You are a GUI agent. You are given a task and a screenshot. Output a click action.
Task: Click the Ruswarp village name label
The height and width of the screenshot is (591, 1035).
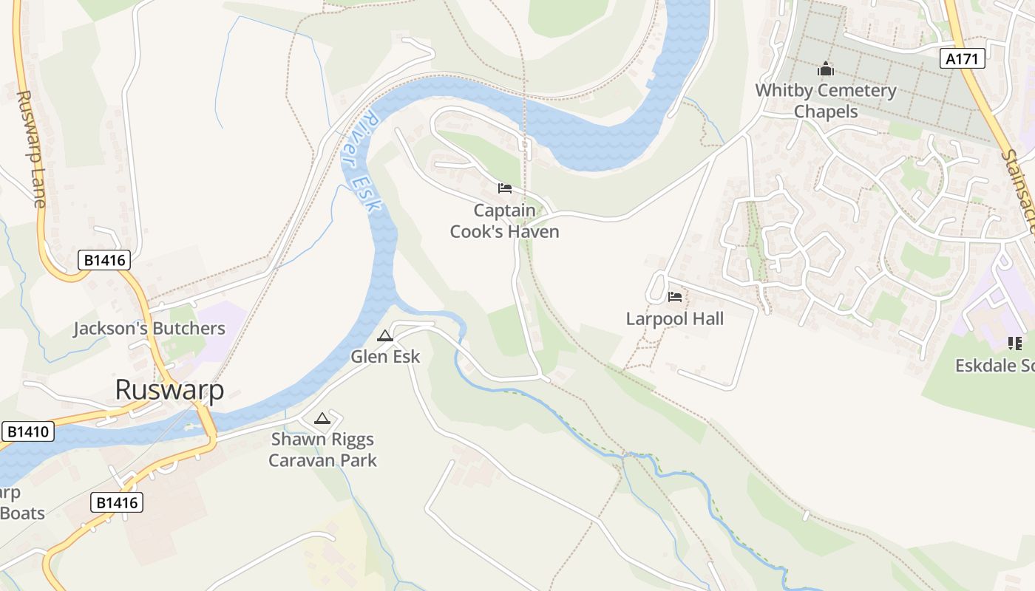tap(169, 391)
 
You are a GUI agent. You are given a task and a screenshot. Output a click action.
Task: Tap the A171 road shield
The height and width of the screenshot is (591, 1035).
tap(963, 59)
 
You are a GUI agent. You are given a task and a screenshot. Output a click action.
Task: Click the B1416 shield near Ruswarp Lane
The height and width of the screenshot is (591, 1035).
tap(104, 260)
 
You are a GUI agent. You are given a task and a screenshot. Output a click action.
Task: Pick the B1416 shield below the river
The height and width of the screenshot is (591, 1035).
tap(117, 503)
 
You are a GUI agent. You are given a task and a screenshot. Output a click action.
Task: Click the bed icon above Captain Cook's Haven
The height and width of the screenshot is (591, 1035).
tap(505, 188)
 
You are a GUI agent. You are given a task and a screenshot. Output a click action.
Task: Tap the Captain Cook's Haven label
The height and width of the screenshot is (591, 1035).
tap(505, 221)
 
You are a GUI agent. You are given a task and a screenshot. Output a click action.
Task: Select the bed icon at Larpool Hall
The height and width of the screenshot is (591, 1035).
tap(675, 297)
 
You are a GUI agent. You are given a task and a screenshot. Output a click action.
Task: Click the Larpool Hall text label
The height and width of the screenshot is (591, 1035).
tap(675, 319)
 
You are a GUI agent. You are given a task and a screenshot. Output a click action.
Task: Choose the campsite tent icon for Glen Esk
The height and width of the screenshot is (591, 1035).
tap(385, 336)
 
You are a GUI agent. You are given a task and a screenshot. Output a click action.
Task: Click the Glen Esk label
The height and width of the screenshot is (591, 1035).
tap(385, 357)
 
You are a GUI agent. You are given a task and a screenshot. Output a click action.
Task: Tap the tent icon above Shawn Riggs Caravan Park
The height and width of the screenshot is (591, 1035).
tap(322, 419)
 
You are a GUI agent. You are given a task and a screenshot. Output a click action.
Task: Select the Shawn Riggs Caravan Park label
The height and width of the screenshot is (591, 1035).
tap(322, 450)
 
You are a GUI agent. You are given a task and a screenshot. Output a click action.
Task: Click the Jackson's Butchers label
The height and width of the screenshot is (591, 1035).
tap(149, 329)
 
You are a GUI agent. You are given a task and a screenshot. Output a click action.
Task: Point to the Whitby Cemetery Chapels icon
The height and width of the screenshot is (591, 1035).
tap(825, 69)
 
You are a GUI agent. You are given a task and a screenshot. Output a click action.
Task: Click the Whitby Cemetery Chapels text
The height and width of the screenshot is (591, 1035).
tap(825, 101)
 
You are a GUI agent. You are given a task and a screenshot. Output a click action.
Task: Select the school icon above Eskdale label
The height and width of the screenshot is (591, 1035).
tap(1014, 343)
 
